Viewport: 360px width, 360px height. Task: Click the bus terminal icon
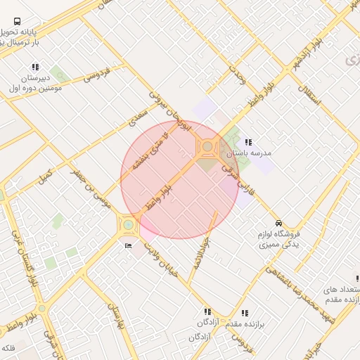coord(17,21)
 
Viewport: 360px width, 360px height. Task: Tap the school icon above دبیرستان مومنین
coord(35,67)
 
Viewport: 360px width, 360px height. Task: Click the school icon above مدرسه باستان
coord(248,142)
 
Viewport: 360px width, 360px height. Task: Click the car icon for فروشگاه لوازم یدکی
coord(279,223)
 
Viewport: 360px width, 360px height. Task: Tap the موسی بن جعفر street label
coord(92,191)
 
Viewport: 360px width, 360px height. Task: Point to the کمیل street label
coord(46,172)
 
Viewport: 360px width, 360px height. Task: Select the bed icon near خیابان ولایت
coord(127,245)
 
